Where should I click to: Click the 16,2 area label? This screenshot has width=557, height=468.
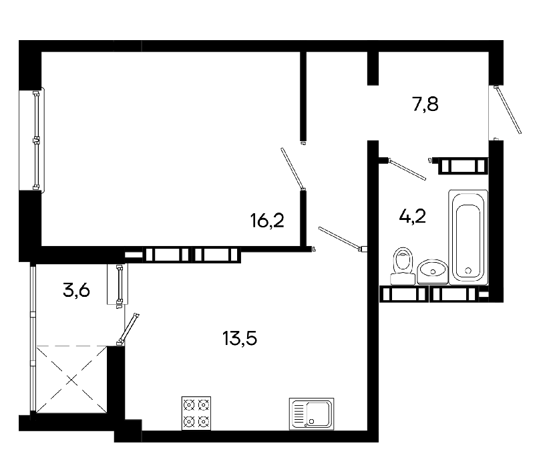point(267,221)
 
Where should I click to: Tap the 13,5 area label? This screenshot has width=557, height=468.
point(240,338)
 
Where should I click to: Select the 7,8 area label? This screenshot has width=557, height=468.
point(425,104)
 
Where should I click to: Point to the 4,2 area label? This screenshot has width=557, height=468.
point(413,216)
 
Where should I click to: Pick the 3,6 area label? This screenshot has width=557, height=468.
point(76,290)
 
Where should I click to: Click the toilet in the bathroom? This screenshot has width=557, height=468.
point(403,265)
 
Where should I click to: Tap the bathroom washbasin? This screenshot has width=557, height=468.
point(433,271)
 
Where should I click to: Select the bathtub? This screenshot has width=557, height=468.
point(468,237)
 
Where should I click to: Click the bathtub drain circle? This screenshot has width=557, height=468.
point(468,270)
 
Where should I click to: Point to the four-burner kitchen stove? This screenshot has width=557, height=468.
point(196,413)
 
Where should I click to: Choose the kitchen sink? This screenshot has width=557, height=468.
point(311,414)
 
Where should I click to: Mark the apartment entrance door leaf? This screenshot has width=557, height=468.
point(508,110)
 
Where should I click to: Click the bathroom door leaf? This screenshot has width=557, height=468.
point(407,169)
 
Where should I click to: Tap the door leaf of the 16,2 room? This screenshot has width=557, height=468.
point(293,168)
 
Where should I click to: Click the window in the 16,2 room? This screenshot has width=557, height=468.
point(36,140)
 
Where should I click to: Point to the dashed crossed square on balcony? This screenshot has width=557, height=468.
point(71,380)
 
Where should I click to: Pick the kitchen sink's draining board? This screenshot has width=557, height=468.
point(299,414)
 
